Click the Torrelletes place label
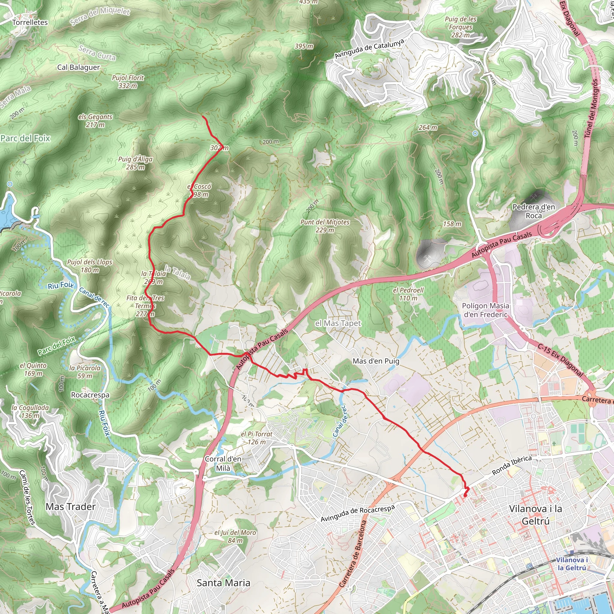30,22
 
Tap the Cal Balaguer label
79,67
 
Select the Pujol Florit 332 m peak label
128,82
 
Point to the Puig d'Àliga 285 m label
136,163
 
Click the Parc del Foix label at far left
25,138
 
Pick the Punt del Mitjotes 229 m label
325,226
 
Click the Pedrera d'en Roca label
534,211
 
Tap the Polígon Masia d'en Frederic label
485,310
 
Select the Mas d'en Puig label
376,361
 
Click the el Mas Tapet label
338,323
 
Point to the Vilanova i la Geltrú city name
535,515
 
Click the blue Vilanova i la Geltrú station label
572,564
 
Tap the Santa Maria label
223,583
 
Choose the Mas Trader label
70,507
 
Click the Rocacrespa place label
90,395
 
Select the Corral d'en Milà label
223,463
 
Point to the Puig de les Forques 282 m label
460,27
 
